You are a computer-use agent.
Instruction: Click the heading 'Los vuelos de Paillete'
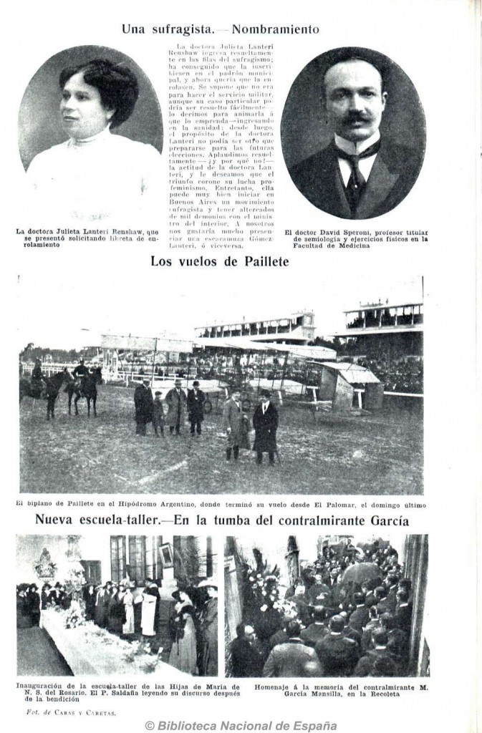[x=219, y=262]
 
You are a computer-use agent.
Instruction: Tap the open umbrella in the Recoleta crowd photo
[x=361, y=573]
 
